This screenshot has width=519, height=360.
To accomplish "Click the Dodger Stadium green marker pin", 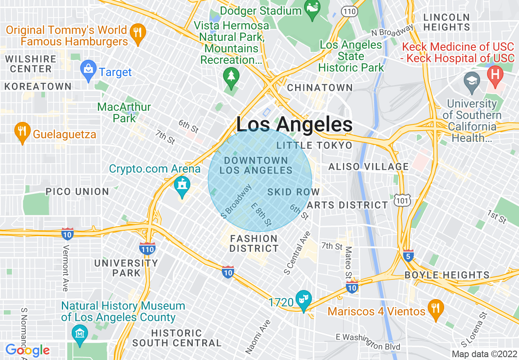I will [x=313, y=11].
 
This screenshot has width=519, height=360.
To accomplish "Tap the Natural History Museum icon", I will [x=79, y=334].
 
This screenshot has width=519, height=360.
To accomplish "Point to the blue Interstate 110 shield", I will [x=147, y=248].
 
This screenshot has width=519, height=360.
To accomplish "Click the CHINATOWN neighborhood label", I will [x=320, y=88].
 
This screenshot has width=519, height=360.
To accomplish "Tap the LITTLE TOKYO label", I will [x=314, y=146].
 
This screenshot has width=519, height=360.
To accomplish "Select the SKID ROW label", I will [x=293, y=192].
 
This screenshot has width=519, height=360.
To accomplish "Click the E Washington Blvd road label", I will [x=368, y=341].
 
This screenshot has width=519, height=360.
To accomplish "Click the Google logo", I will [x=27, y=351].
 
